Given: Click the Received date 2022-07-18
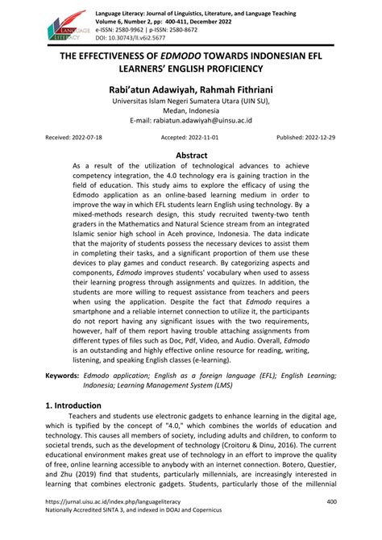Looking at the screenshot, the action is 64,138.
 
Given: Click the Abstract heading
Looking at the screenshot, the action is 191,154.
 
